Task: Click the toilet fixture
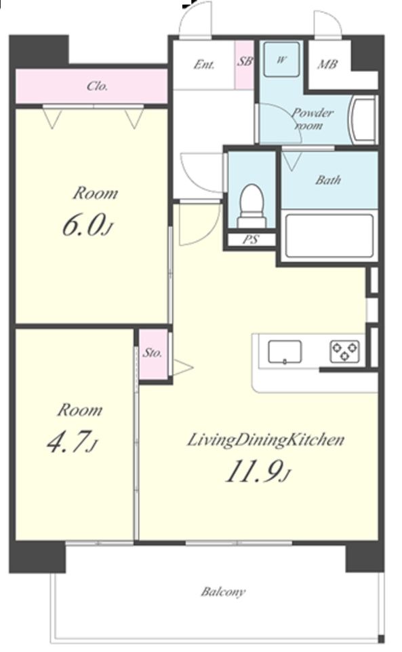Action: [x=252, y=206]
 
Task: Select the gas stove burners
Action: [x=345, y=350]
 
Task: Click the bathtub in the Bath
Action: [x=329, y=236]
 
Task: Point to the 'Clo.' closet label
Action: [x=98, y=86]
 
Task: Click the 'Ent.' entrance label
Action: [x=204, y=65]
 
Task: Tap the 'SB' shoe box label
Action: [x=245, y=62]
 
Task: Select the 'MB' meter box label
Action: [x=327, y=65]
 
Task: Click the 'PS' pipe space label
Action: [x=251, y=240]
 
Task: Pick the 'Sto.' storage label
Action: [x=152, y=353]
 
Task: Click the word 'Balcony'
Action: [x=223, y=592]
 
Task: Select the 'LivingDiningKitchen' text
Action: [x=266, y=440]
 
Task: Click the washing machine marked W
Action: [x=282, y=60]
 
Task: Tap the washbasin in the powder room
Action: [x=363, y=120]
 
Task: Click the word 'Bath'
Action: [x=327, y=179]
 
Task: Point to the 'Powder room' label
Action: [x=311, y=119]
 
